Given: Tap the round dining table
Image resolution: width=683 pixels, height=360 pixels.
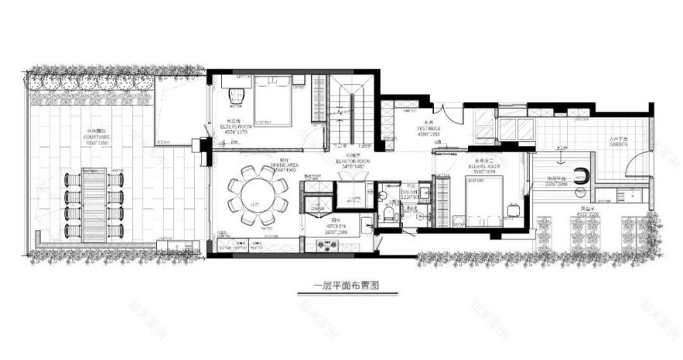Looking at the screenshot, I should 258,193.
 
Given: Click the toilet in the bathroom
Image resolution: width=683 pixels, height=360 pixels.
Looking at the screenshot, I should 388,214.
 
